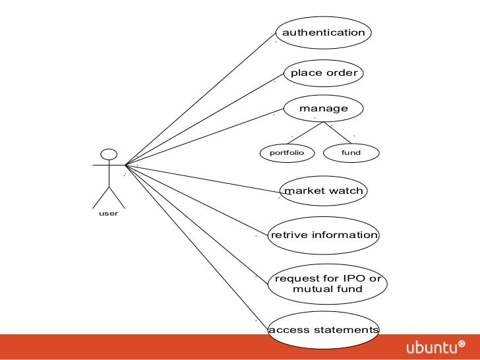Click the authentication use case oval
[323, 33]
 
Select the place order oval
[323, 73]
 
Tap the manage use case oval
[323, 108]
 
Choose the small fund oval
[351, 153]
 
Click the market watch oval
[323, 191]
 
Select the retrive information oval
[324, 235]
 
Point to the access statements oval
[324, 330]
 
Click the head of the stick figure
[109, 155]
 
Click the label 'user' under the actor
[108, 214]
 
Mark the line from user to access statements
[198, 247]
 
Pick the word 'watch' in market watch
[342, 191]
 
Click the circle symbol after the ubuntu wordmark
[461, 344]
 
